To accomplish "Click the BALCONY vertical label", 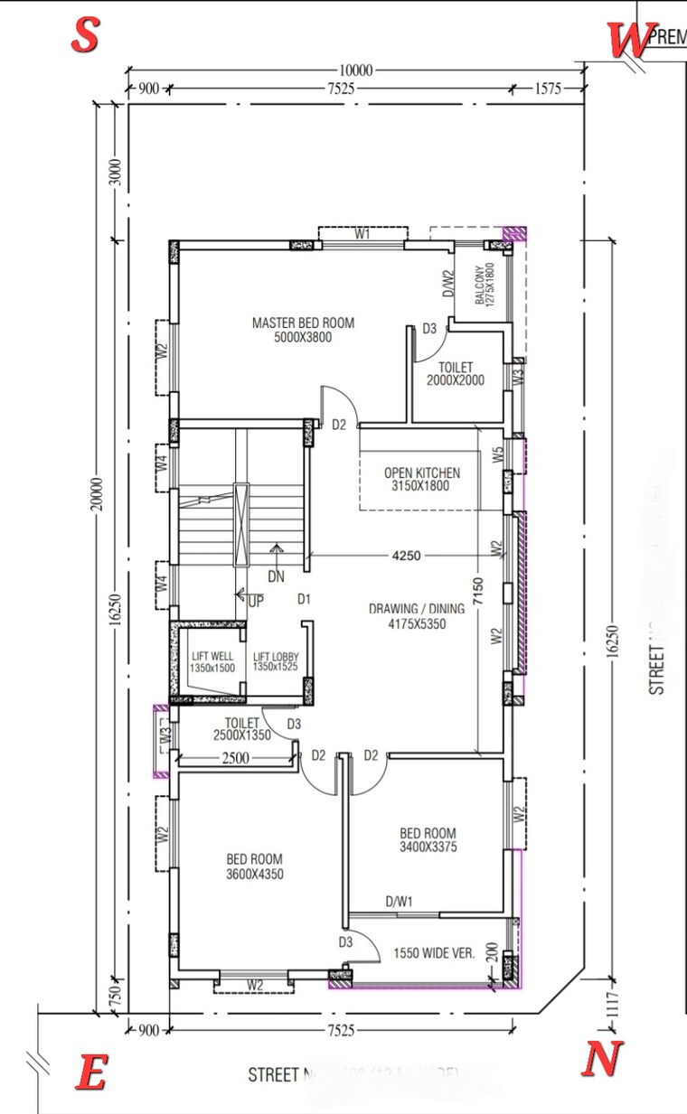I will pos(485,284).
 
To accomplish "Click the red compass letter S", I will pos(84,36).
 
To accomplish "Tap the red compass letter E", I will pos(91,1074).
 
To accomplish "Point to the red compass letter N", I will pos(601,1058).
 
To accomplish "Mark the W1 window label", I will pos(362,234).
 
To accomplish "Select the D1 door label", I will pos(305,599).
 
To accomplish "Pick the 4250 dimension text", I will pos(406,557).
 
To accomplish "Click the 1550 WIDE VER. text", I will pos(434,953).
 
